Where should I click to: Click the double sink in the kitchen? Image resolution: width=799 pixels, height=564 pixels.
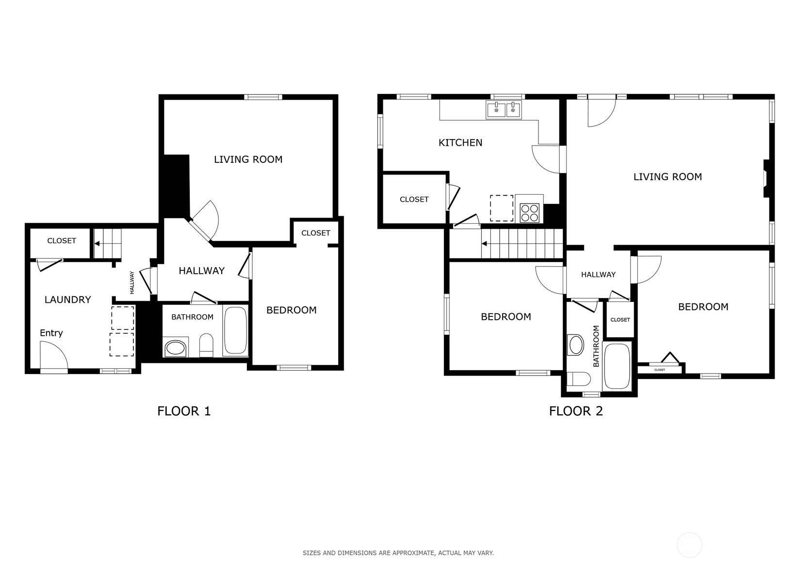504,110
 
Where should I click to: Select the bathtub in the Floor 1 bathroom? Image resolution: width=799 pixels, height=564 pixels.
235,330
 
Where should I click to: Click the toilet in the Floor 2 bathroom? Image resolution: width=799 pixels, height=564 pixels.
578,379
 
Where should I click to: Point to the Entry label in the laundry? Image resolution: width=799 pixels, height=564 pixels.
51,333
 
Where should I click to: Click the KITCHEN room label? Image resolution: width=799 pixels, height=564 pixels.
460,142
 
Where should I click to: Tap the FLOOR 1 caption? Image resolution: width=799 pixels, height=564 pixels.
184,411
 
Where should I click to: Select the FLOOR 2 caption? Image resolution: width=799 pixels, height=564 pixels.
576,411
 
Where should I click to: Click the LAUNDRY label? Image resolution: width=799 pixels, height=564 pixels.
68,299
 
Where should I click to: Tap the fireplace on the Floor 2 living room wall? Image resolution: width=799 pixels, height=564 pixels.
766,178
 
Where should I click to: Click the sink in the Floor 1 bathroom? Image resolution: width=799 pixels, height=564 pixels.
175,347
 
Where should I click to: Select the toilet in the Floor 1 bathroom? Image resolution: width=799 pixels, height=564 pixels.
206,345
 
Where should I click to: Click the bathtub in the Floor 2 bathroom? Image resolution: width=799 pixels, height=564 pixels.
617,366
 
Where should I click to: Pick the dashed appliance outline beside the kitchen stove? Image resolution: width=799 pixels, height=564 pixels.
502,208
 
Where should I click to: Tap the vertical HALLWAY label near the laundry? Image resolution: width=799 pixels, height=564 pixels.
132,282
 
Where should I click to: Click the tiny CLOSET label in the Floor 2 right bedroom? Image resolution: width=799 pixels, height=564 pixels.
660,370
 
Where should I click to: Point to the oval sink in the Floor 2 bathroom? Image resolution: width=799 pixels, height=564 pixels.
575,345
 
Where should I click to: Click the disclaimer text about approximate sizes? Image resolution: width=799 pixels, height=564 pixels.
398,553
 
